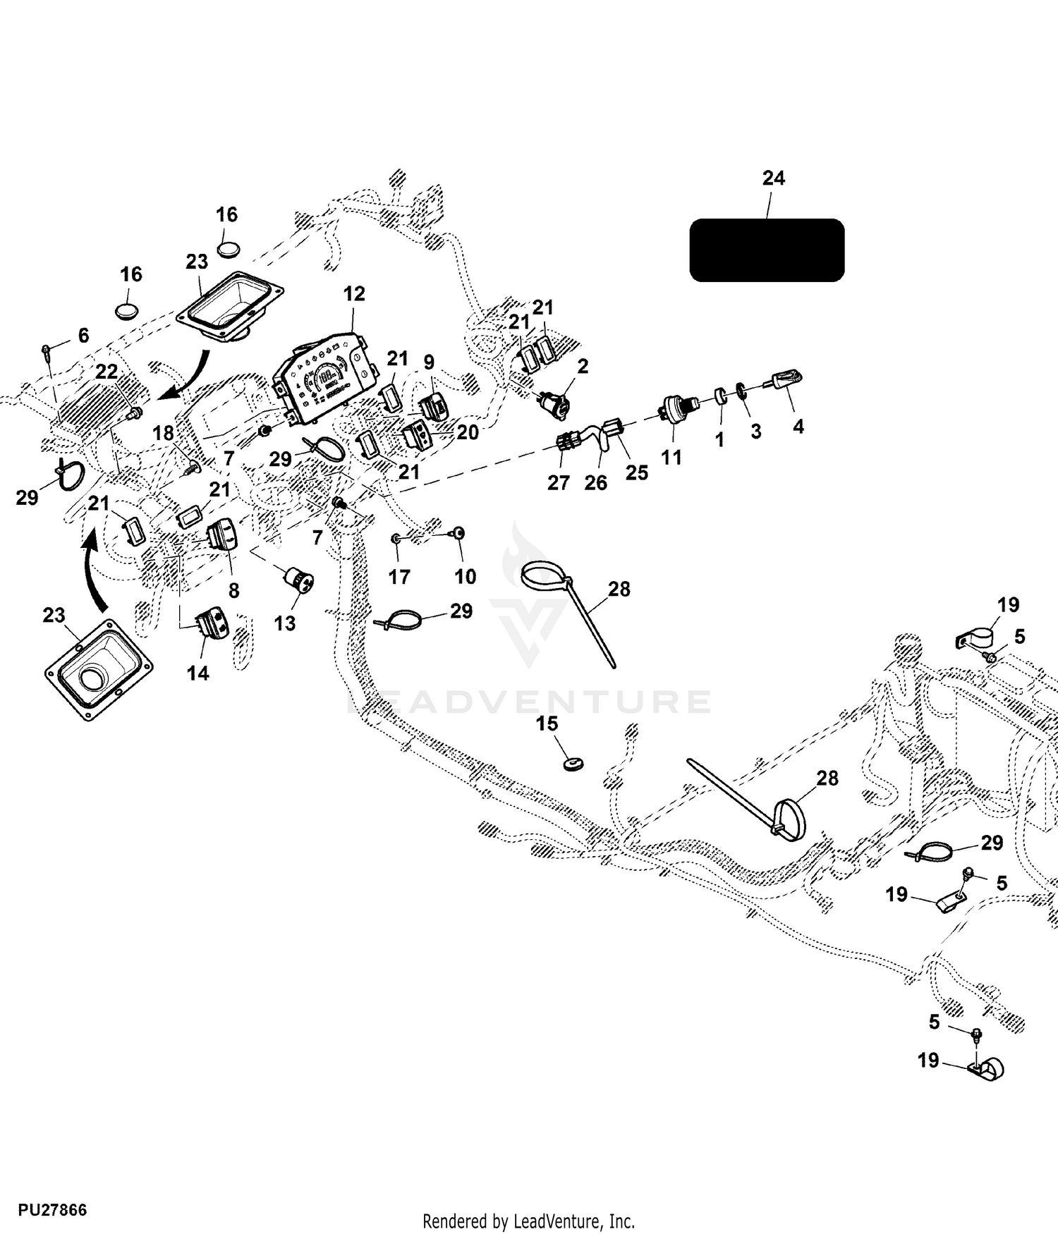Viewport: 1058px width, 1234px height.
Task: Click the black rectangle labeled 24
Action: (767, 250)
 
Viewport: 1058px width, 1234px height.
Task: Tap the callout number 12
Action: (354, 293)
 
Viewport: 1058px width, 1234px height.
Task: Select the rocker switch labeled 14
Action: (212, 623)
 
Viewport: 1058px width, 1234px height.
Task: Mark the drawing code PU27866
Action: (52, 1210)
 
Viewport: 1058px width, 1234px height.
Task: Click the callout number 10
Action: (465, 577)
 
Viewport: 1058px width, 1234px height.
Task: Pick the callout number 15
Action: (547, 724)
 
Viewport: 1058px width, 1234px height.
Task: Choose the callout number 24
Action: (774, 178)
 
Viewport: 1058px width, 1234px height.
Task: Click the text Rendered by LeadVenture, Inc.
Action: (528, 1221)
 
